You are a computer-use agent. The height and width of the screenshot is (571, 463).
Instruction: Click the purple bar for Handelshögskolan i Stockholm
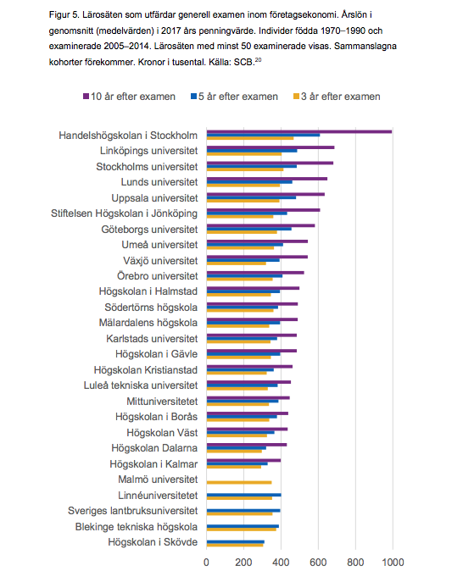[299, 132]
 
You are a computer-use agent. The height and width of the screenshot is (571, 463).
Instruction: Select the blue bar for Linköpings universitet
[252, 151]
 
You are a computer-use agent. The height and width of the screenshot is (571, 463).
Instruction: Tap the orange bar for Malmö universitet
[239, 483]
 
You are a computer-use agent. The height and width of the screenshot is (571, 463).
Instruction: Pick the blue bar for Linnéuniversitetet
[244, 495]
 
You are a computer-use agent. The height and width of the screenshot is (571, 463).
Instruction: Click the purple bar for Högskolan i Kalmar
[243, 460]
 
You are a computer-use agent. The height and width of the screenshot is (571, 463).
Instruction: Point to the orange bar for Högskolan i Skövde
[235, 545]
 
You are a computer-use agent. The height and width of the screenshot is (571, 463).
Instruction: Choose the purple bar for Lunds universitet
[267, 179]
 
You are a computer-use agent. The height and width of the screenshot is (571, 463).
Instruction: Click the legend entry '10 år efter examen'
[130, 97]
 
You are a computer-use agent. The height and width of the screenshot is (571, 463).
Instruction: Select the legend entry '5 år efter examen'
[234, 97]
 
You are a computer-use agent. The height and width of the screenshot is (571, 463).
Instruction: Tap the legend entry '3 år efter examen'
[337, 97]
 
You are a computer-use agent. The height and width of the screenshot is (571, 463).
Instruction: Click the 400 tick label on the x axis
[281, 563]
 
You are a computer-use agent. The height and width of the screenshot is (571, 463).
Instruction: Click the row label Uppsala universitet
[154, 198]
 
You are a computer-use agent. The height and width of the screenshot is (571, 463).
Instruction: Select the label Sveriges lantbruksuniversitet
[132, 511]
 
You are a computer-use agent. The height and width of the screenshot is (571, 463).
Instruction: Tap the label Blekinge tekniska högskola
[137, 527]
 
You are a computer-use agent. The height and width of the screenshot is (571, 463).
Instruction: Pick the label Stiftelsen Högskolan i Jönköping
[125, 213]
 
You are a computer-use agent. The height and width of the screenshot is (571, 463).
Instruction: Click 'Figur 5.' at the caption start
[64, 15]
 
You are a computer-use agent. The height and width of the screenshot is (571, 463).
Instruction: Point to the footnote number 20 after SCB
[258, 59]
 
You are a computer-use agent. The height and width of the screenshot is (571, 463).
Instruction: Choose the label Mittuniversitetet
[162, 402]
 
